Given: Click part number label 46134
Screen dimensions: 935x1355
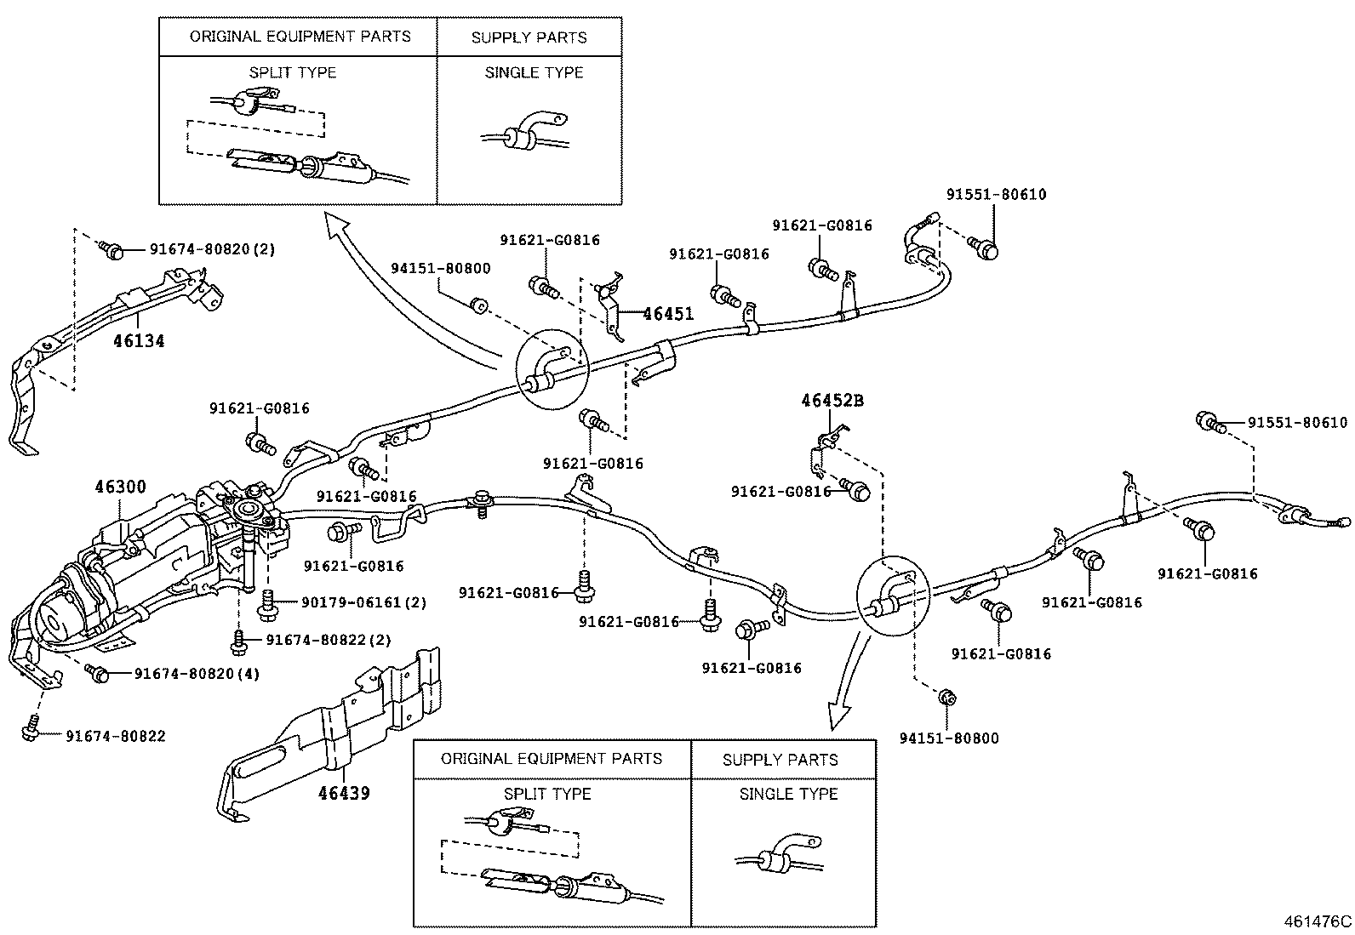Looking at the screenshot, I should coord(139,341).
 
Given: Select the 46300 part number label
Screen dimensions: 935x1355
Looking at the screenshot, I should coord(120,487).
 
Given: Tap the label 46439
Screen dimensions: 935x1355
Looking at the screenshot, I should coord(344,793).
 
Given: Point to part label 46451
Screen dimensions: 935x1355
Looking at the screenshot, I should coord(668,314).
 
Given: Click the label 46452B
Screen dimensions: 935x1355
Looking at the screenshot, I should coord(832,400).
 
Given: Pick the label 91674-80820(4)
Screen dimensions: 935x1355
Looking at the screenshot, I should coord(197,674).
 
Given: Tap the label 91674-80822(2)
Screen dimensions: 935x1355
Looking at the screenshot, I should coord(328,640).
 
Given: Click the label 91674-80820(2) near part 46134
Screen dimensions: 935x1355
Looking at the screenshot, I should coord(212,249).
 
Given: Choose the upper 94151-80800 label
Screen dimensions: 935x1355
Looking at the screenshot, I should coord(440,269).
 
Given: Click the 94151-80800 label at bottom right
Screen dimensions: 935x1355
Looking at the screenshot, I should coord(949,738).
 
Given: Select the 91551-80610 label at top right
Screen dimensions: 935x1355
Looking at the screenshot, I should coord(996,194).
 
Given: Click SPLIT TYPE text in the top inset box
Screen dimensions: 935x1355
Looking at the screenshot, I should coord(293,72).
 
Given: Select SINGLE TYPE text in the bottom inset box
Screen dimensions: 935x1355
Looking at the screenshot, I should coord(788,794).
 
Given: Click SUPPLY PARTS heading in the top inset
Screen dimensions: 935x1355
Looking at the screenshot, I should coord(529,37).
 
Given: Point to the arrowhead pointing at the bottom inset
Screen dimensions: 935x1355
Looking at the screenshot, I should coord(838,719).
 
